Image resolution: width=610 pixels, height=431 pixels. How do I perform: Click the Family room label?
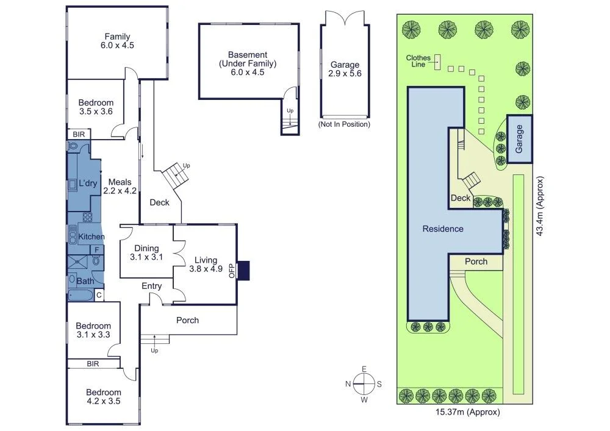117,41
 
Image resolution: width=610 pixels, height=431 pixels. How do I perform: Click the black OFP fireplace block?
243,270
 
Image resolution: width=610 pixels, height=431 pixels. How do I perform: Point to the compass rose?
363,383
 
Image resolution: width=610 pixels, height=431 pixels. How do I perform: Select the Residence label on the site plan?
443,229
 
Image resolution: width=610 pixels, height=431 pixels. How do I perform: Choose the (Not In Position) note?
344,124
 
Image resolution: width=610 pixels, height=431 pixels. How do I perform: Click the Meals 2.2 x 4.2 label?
119,186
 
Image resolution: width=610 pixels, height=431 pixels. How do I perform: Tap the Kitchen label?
91,237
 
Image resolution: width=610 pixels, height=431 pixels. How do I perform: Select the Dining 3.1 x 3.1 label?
146,252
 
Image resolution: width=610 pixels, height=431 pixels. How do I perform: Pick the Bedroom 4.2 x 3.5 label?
103,397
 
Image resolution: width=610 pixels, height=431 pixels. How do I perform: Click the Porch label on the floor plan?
187,320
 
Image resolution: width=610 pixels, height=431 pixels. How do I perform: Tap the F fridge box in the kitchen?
96,250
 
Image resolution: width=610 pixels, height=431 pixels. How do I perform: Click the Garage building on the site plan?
519,139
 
